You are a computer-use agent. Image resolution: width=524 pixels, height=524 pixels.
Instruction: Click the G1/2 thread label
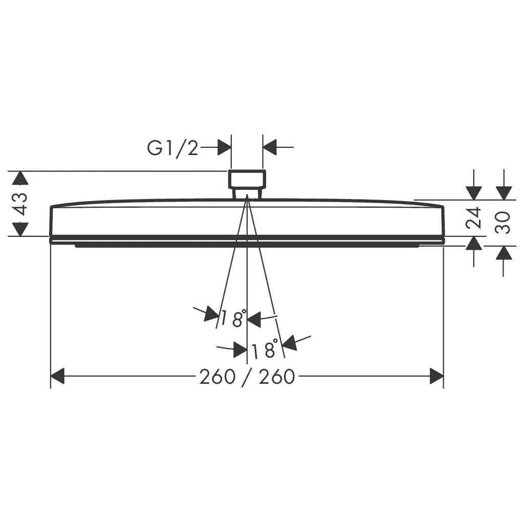pyautogui.click(x=173, y=148)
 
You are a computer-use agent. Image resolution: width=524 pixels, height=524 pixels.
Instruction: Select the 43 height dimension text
pyautogui.click(x=20, y=204)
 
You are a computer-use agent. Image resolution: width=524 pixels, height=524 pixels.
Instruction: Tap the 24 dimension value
pyautogui.click(x=473, y=218)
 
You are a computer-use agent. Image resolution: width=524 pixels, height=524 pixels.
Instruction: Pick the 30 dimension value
pyautogui.click(x=503, y=223)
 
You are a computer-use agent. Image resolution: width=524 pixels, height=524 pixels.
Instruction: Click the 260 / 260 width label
pyautogui.click(x=247, y=377)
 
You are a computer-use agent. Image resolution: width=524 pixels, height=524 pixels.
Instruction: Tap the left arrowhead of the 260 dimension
pyautogui.click(x=57, y=376)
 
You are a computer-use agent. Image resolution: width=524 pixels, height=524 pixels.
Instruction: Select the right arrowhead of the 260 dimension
pyautogui.click(x=436, y=376)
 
